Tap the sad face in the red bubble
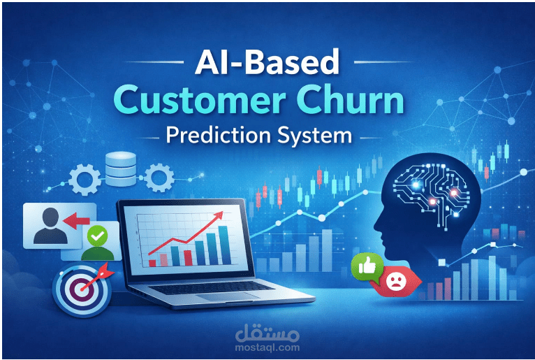tap(394, 281)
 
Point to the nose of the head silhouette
tap(374, 226)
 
